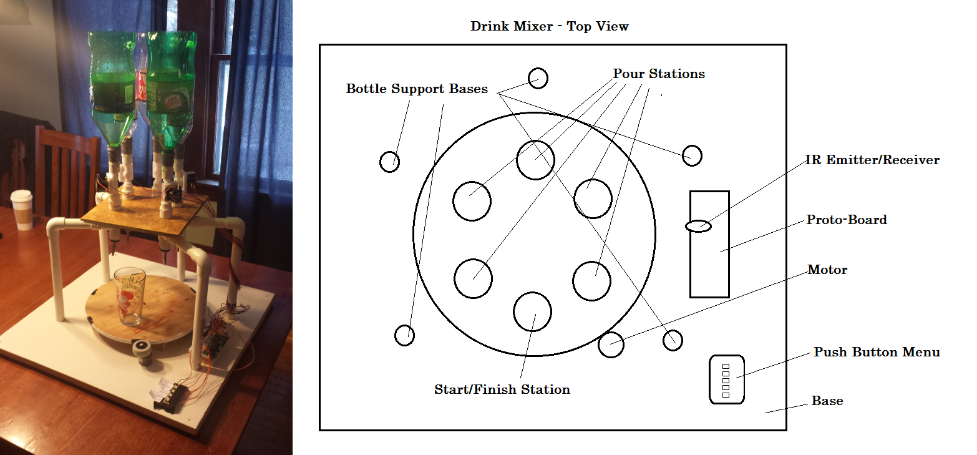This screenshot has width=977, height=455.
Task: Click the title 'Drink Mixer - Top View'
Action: click(550, 27)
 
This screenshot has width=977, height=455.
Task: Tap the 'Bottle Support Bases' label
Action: click(417, 89)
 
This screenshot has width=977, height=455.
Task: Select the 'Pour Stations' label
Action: click(659, 74)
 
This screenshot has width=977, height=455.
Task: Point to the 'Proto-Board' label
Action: click(847, 220)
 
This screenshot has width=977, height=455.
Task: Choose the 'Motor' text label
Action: click(827, 270)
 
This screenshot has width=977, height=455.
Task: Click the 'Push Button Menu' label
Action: click(877, 353)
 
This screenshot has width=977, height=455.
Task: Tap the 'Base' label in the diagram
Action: click(827, 401)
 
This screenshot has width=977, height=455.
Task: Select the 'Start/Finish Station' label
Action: click(502, 390)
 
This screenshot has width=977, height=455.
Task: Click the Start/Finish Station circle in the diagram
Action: click(532, 311)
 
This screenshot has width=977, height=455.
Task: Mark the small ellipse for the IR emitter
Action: click(699, 226)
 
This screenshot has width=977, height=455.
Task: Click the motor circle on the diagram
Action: click(611, 345)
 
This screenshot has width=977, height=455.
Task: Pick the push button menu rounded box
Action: click(727, 379)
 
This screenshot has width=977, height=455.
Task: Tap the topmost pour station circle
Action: click(535, 160)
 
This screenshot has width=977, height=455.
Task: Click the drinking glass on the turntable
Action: click(130, 296)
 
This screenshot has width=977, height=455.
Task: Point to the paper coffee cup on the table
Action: click(22, 210)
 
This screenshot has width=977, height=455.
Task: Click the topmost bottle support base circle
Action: click(537, 78)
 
